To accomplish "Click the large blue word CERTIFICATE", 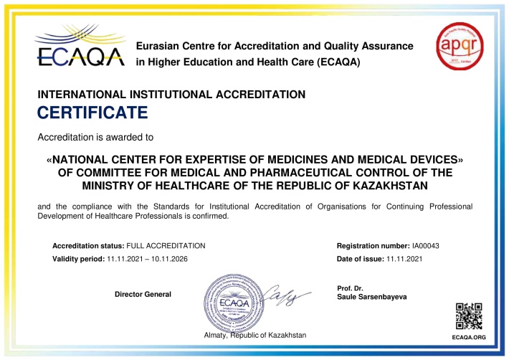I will pyautogui.click(x=92, y=113).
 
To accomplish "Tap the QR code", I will pyautogui.click(x=469, y=316).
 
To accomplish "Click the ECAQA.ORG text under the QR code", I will pyautogui.click(x=469, y=336).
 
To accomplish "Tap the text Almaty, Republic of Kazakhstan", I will pyautogui.click(x=255, y=335).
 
